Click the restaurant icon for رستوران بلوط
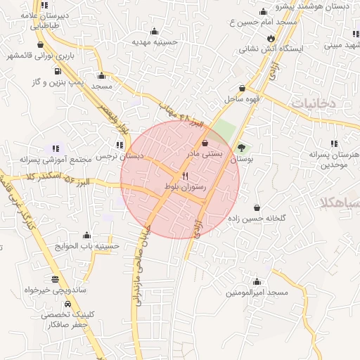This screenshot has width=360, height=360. pos(186,176)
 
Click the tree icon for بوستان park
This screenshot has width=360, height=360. pos(242,148)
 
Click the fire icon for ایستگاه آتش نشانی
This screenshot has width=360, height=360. pos(270,38)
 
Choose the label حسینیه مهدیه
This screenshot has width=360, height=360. pos(155,42)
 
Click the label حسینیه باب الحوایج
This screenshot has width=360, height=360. pos(86,246)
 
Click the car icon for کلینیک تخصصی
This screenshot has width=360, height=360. pos(67,304)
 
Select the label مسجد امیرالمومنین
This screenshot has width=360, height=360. pos(257,292)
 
